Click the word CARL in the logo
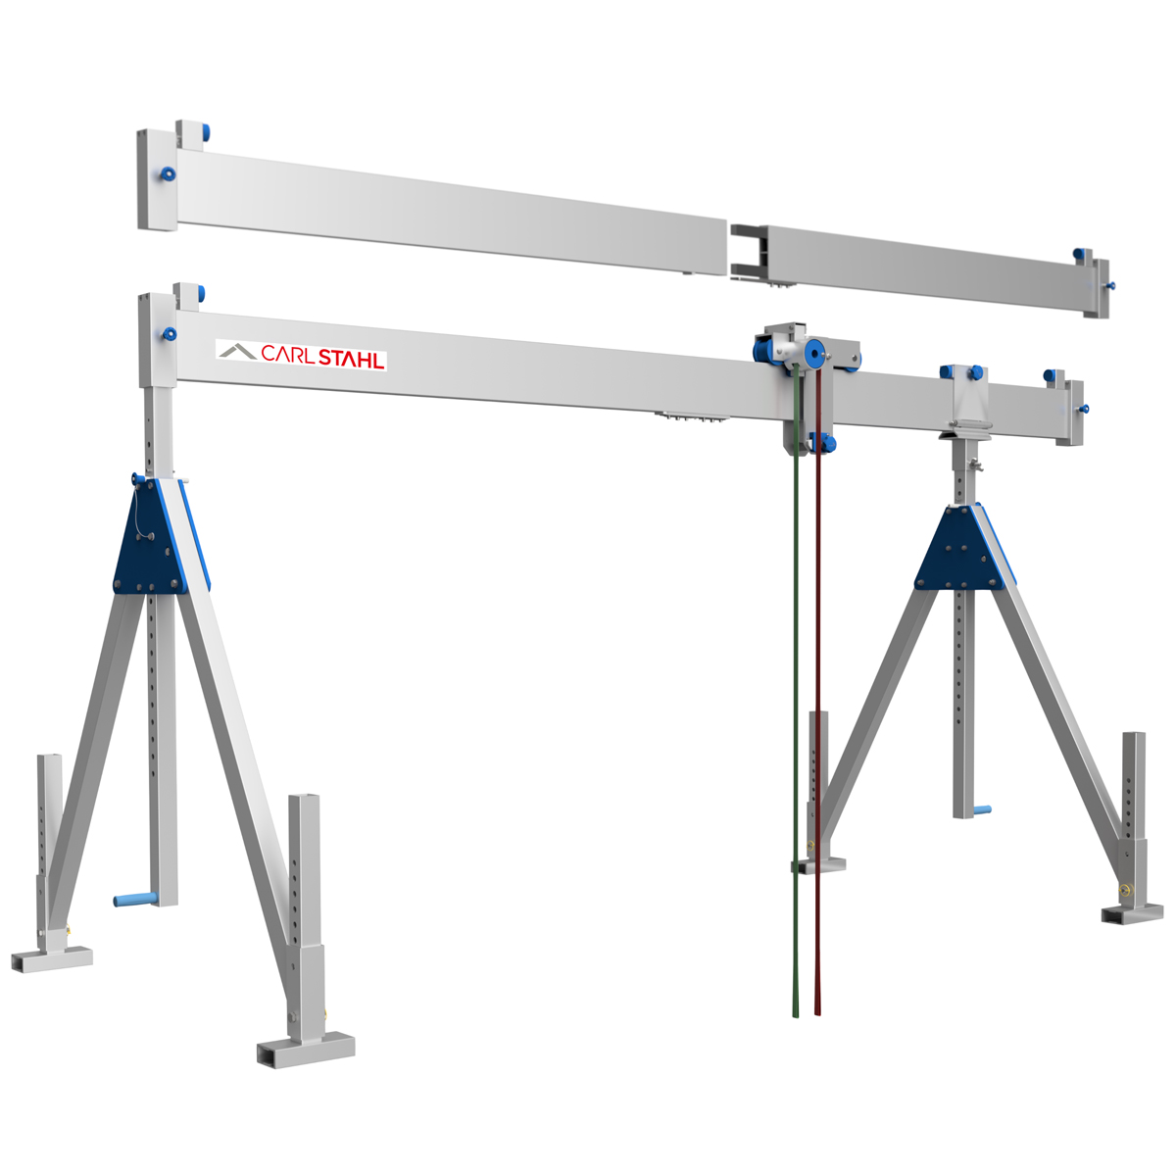coord(287,354)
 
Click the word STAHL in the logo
coord(351,359)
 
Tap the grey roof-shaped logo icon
coord(237,351)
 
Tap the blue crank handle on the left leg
coord(135,899)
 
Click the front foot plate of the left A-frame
coord(306,1049)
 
